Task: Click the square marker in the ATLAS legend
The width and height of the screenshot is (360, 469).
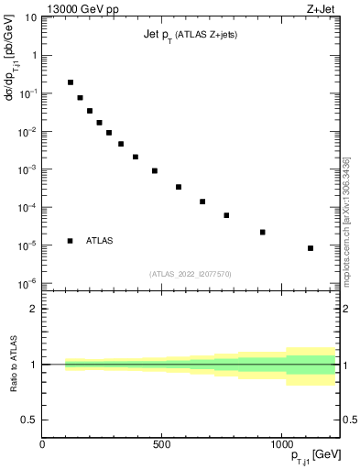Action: click(71, 241)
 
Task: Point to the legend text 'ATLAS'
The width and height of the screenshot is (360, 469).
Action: click(101, 241)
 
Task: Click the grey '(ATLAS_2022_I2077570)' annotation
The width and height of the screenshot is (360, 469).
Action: click(190, 274)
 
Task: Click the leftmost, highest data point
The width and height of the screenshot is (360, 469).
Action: click(71, 82)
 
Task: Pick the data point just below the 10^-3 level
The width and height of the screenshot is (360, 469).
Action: click(155, 170)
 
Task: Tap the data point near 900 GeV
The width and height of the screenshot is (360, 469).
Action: click(263, 232)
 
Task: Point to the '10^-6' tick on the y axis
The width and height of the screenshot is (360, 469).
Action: click(27, 283)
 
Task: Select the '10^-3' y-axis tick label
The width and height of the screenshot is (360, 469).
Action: click(27, 169)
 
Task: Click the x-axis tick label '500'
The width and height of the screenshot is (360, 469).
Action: click(161, 444)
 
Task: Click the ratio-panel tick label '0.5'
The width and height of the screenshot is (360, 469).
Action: click(29, 420)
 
